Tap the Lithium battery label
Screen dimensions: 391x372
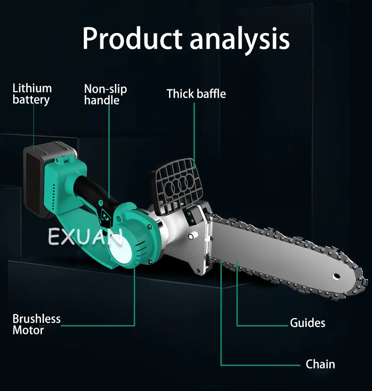[x=32, y=94]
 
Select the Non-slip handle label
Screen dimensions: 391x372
[x=105, y=94]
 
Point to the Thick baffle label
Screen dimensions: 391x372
[x=196, y=94]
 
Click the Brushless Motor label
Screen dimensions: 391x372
[x=36, y=324]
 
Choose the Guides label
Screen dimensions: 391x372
[x=307, y=323]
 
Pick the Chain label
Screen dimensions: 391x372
[x=320, y=364]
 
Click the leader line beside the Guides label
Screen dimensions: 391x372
[x=264, y=325]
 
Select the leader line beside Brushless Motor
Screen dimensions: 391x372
[x=99, y=325]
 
